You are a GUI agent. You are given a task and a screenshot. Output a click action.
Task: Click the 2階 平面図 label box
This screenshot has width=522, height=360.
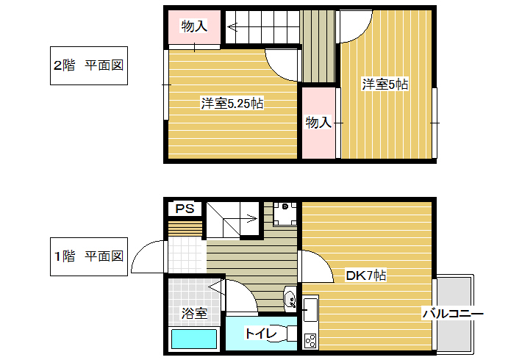click(89, 65)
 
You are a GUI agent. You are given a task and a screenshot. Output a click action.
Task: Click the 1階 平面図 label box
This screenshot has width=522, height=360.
click(89, 256)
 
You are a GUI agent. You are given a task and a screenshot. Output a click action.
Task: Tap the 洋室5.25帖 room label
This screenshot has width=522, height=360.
click(232, 104)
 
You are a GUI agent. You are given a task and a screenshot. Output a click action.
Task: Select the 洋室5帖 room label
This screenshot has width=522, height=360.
click(385, 84)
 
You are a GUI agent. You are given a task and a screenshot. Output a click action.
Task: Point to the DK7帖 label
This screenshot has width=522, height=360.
click(366, 276)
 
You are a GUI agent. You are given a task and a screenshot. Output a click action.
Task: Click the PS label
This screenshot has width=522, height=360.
click(185, 209)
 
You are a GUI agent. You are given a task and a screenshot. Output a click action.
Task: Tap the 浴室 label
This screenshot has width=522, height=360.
click(194, 313)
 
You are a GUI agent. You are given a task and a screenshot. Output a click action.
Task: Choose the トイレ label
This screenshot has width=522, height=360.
click(261, 333)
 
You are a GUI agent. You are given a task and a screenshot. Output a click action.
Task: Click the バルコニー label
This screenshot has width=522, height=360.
click(453, 314)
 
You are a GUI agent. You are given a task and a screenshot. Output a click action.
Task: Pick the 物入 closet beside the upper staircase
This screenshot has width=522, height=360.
click(194, 26)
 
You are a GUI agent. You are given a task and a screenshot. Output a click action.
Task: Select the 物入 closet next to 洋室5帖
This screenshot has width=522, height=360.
click(318, 123)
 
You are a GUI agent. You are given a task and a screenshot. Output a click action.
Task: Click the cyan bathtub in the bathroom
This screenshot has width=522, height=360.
click(194, 339)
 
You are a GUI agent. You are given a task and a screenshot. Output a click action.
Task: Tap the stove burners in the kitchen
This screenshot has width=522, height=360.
click(310, 341)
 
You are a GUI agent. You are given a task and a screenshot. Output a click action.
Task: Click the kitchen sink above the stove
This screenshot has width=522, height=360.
click(310, 310)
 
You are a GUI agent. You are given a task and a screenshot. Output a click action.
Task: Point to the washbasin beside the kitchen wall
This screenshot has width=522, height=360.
click(290, 299)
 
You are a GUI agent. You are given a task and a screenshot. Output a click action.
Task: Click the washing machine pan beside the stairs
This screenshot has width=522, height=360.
click(285, 214)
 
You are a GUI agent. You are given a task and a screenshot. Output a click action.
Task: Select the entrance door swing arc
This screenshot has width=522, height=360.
click(144, 251)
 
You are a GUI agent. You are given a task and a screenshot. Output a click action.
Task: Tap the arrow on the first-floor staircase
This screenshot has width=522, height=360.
click(240, 219)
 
